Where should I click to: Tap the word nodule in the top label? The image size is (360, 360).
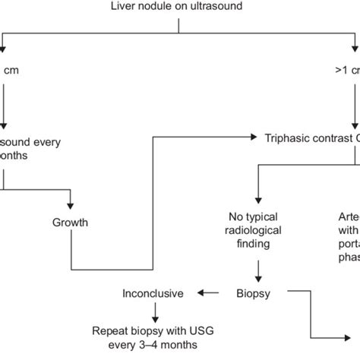(x=159, y=7)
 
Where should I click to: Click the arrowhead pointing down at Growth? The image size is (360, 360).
(x=71, y=207)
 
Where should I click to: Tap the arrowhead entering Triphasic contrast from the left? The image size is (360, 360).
(x=252, y=137)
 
